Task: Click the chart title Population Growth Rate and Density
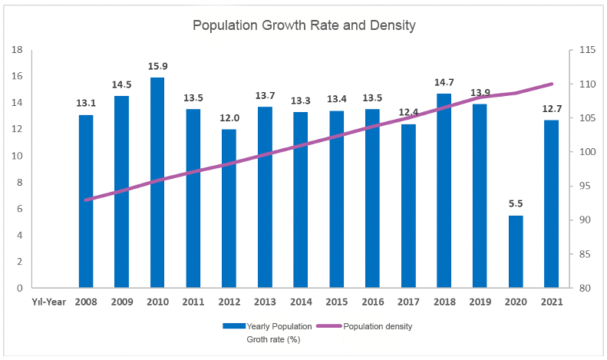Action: click(304, 25)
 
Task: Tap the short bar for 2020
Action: click(516, 252)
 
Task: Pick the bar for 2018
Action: click(444, 190)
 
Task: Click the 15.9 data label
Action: click(157, 66)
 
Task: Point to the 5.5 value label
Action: click(516, 204)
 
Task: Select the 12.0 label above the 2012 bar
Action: click(229, 118)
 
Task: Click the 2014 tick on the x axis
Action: click(301, 301)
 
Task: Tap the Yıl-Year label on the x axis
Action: click(48, 301)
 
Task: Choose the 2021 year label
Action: click(551, 301)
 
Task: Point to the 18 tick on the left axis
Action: click(18, 50)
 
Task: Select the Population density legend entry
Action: click(378, 326)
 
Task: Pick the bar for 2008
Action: click(86, 201)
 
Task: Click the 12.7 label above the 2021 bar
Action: click(551, 108)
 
